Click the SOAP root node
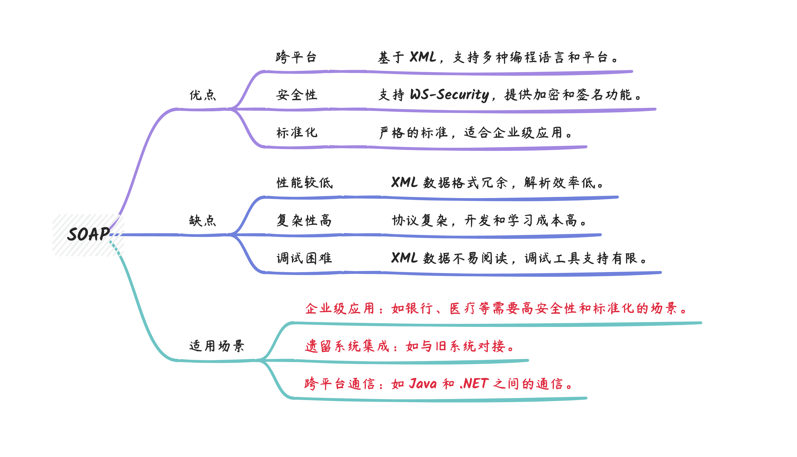[x=88, y=235]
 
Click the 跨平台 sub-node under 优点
[x=296, y=57]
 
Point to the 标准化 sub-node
[x=297, y=132]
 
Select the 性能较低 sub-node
[x=304, y=183]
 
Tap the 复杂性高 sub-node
[x=304, y=220]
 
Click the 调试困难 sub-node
[x=304, y=258]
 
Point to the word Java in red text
[x=423, y=384]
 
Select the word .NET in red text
[x=474, y=384]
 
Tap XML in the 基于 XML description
[x=423, y=57]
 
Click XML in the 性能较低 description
[x=405, y=182]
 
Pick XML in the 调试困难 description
[x=405, y=258]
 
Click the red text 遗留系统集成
[x=347, y=346]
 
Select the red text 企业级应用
[x=340, y=309]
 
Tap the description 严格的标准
[x=413, y=133]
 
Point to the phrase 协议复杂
[x=420, y=221]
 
